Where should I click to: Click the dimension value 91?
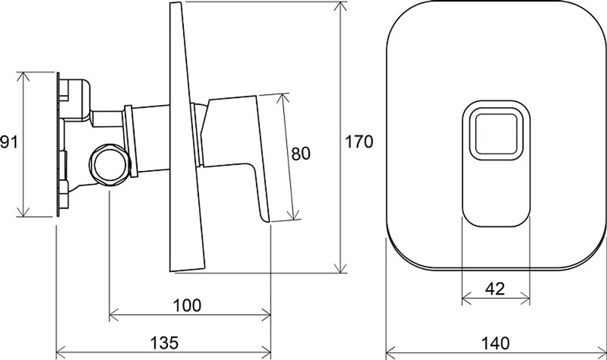coord(8,142)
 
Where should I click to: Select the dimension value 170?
coord(359,142)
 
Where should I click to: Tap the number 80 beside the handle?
coord(301,154)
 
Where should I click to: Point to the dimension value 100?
coord(187,305)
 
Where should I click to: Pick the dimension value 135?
coord(164,342)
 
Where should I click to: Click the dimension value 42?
coord(495,289)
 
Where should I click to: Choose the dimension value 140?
coord(495,343)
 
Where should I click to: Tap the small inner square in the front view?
coord(496,134)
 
